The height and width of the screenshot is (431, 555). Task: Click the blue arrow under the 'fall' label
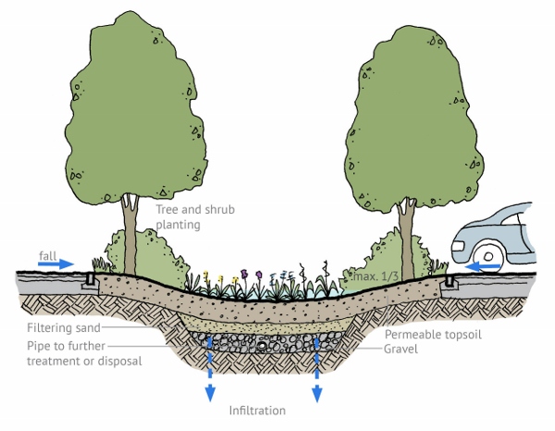[x=55, y=265]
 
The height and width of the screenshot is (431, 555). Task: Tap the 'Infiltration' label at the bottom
[x=258, y=409]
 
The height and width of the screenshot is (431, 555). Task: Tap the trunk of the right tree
[x=404, y=231]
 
